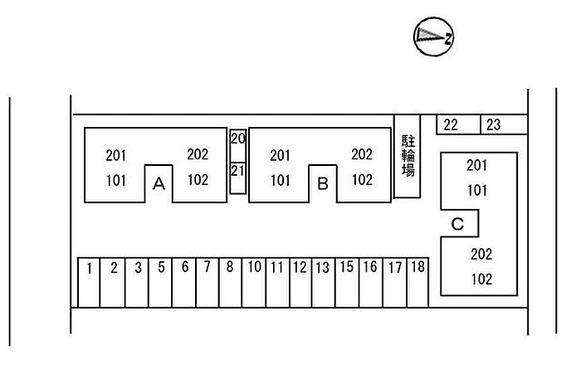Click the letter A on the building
(159, 184)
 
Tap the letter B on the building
(323, 184)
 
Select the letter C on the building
(457, 223)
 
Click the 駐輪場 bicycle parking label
(408, 155)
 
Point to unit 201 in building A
(117, 154)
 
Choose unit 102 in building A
(198, 179)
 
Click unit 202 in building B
(362, 154)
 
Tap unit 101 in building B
(281, 179)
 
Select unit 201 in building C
(476, 165)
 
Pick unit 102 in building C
(481, 279)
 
